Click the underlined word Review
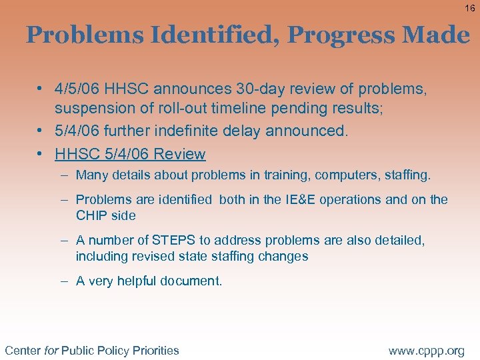179,154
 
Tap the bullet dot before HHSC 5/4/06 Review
41,154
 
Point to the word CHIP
92,215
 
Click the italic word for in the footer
51,350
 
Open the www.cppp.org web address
427,350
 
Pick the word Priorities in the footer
155,350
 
